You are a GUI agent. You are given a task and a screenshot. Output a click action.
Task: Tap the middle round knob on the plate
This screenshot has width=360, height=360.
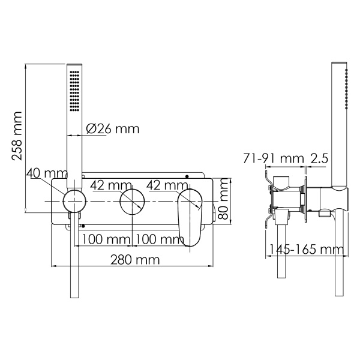tap(132, 201)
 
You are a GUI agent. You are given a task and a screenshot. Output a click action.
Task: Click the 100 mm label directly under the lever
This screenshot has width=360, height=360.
tap(159, 240)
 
